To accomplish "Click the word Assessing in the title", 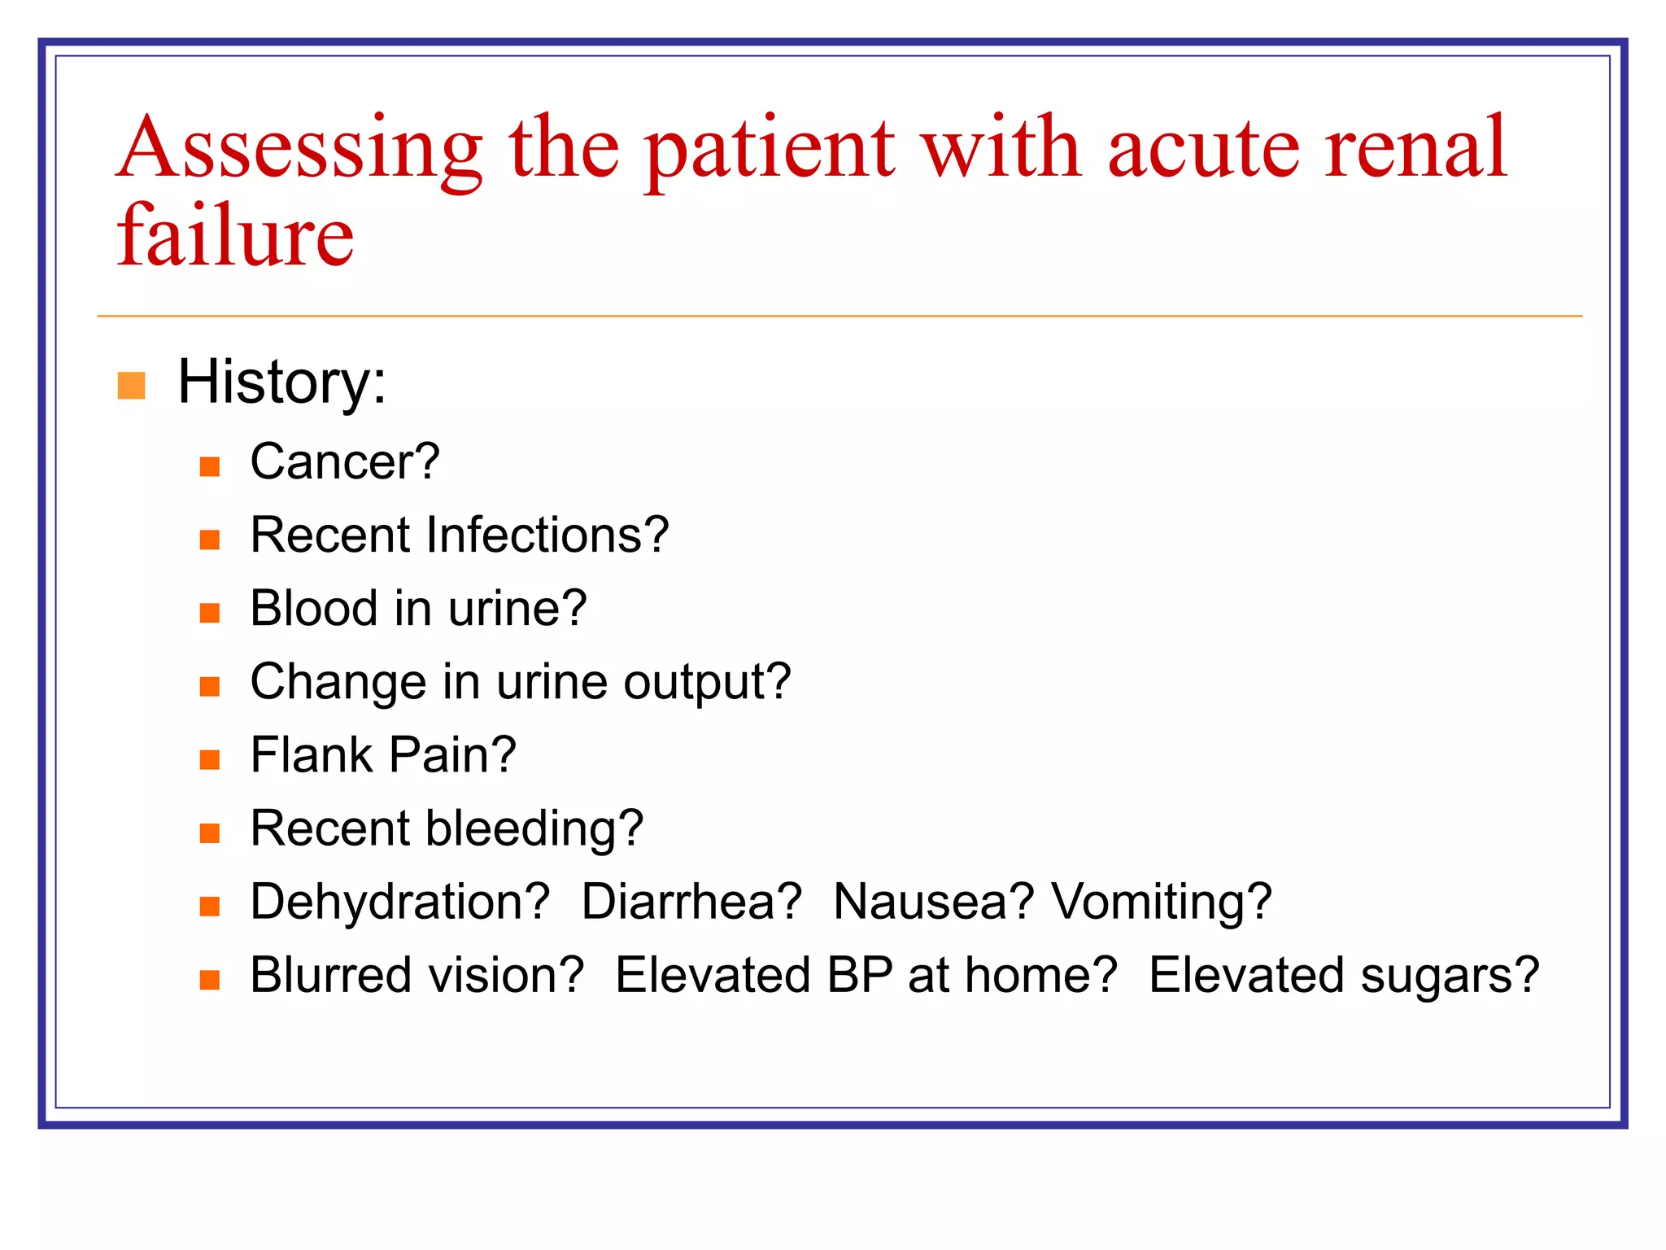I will tap(299, 151).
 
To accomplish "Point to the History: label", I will tap(281, 382).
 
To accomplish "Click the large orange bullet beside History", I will tap(132, 386).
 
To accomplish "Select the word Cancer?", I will tap(345, 461).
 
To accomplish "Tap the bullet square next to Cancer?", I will tap(210, 466).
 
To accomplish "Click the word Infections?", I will tap(547, 535).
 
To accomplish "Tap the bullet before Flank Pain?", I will tap(210, 759).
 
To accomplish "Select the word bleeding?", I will tap(534, 828).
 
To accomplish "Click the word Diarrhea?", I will tap(691, 902).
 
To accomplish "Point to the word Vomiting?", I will tap(1162, 902).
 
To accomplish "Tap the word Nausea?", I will tap(933, 902).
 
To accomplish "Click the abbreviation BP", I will tap(860, 975).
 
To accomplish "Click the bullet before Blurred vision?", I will tap(210, 980).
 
